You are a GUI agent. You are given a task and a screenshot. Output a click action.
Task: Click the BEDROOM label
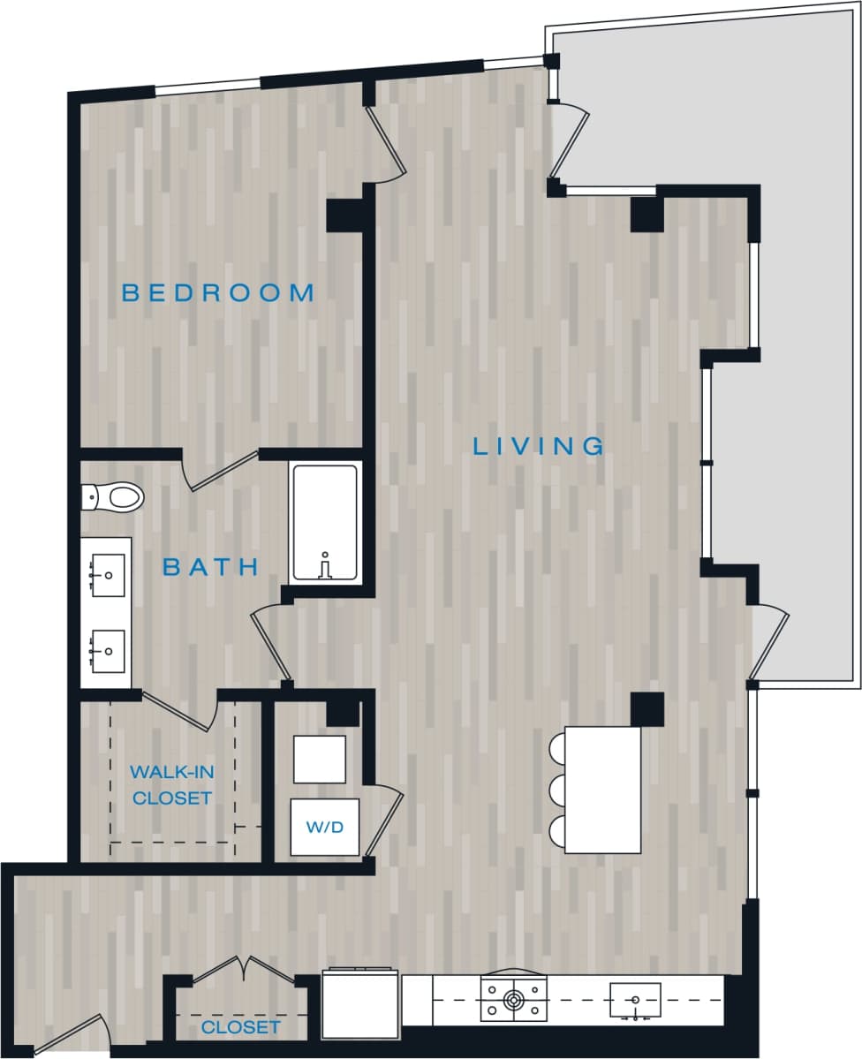(x=217, y=292)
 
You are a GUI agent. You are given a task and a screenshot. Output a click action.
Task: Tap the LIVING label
(x=539, y=446)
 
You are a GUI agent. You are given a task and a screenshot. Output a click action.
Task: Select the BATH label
(x=210, y=567)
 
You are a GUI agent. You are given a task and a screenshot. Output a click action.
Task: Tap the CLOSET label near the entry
(x=240, y=1027)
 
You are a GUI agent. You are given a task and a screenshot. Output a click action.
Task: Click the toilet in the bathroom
(x=114, y=497)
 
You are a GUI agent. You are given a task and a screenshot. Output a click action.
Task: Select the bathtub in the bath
(x=325, y=523)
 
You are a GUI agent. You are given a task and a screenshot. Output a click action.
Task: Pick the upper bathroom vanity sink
(x=108, y=575)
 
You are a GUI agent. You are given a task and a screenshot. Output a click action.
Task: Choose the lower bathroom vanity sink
(x=108, y=652)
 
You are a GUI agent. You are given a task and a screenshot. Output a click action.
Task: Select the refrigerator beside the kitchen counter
(x=360, y=1005)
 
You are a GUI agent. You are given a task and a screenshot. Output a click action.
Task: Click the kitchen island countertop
(x=602, y=790)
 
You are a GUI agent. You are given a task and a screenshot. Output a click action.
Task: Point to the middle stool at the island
(x=557, y=790)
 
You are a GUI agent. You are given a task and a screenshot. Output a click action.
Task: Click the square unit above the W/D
(x=319, y=759)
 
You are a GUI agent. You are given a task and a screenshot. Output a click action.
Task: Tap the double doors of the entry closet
(x=243, y=969)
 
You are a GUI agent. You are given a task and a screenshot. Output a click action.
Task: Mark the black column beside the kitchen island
(x=646, y=708)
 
